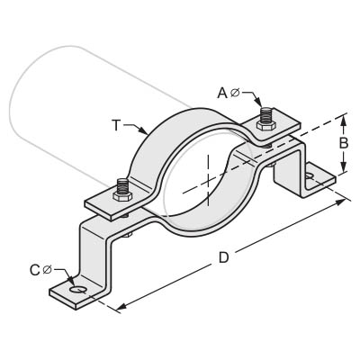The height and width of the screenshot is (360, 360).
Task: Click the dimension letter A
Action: click(222, 93)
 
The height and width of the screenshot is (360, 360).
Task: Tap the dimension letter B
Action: click(344, 143)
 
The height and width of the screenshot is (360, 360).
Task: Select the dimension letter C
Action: click(35, 270)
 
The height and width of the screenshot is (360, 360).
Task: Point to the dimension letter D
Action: click(224, 257)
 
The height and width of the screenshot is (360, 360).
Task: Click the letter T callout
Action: click(116, 125)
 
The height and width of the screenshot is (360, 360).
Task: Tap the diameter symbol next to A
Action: click(235, 93)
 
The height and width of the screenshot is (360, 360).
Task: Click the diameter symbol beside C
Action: click(48, 270)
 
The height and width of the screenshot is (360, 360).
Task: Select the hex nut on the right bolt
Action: click(265, 125)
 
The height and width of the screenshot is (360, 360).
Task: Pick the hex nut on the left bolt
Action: click(121, 195)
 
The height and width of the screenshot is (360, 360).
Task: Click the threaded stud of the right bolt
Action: click(265, 114)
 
